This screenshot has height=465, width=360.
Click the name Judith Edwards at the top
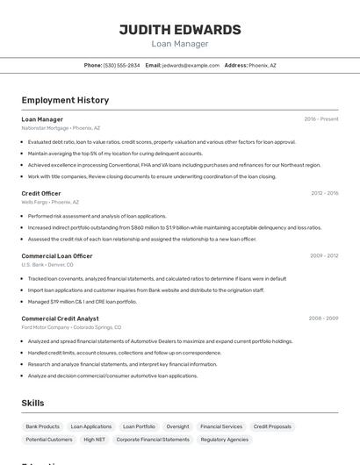180,29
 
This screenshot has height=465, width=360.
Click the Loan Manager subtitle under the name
180,44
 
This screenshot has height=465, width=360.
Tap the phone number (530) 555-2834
121,65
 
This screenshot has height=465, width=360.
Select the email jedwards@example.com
191,65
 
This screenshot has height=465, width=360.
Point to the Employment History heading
65,100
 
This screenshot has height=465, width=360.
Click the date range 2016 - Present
321,118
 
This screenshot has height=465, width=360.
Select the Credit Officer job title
41,193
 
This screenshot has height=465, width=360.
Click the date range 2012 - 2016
324,193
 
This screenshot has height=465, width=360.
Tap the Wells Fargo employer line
50,202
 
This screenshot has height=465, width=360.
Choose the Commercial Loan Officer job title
57,256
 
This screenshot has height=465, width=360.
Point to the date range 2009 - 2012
324,256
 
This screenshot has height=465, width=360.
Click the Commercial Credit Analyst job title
60,318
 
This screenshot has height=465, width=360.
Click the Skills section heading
33,403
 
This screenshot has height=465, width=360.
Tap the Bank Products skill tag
43,426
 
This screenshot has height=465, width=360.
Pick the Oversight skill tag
177,426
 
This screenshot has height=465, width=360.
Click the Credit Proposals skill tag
272,426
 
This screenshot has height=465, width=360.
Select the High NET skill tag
95,439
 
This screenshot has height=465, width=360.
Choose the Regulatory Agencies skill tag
226,439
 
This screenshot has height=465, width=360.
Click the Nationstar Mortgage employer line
61,127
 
